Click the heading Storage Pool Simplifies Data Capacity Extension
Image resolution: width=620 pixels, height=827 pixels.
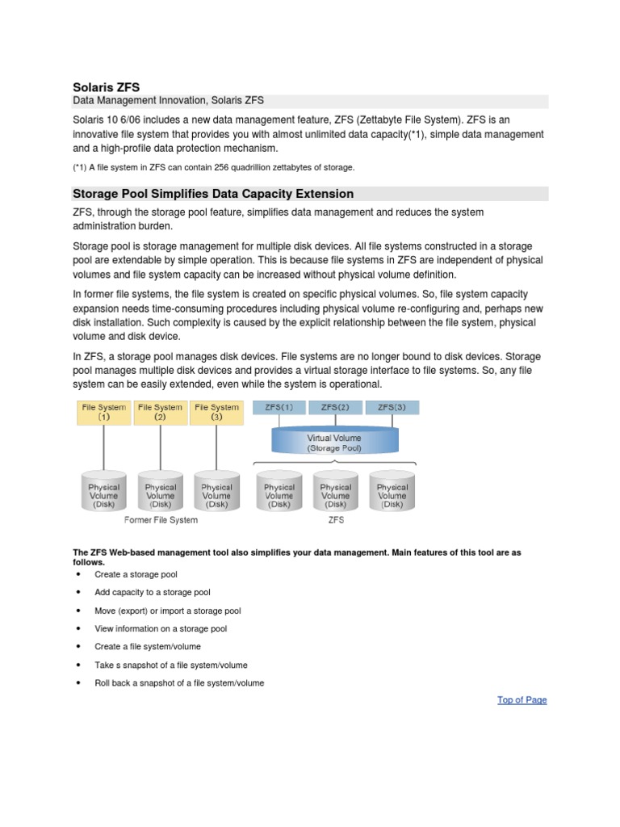tap(213, 194)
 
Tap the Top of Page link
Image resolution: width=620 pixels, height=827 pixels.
tap(522, 699)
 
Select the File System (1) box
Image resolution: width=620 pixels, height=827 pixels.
tap(104, 413)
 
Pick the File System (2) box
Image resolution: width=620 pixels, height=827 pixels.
tap(161, 413)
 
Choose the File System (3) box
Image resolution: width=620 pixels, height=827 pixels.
tap(216, 413)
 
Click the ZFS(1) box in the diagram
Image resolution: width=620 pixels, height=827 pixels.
tap(279, 408)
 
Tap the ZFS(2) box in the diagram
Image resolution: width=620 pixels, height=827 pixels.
tap(335, 408)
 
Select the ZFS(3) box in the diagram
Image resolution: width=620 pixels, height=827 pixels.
tap(392, 408)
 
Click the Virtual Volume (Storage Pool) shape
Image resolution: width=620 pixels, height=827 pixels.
tap(334, 443)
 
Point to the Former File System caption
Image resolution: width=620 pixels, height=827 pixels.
tap(161, 520)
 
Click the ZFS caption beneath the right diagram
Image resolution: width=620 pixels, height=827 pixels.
tap(336, 520)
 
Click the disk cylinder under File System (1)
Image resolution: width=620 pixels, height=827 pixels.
tap(104, 490)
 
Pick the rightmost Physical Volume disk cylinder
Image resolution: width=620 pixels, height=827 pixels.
tap(392, 490)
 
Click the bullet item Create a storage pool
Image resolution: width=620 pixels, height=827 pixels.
tap(136, 574)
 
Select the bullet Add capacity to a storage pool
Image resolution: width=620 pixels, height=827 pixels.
tap(153, 592)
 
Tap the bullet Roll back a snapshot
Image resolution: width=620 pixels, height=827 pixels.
tap(179, 682)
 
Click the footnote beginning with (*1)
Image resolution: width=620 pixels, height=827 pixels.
tap(214, 167)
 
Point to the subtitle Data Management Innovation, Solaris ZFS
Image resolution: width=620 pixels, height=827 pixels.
tap(169, 100)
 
